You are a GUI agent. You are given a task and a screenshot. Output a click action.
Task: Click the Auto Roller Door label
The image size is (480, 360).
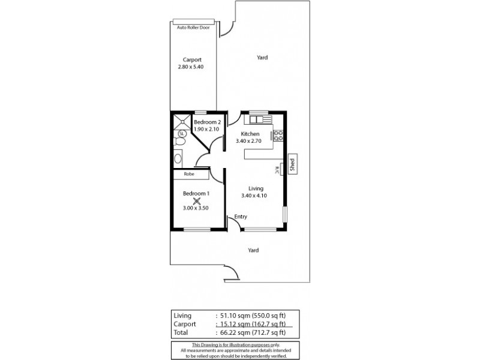pos(193,27)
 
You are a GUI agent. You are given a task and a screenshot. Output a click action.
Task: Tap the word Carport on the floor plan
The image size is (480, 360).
pos(192,59)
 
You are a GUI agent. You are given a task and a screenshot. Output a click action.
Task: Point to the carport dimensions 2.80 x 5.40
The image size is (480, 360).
pos(191,67)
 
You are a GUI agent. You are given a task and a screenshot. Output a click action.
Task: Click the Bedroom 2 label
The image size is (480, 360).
pos(207,122)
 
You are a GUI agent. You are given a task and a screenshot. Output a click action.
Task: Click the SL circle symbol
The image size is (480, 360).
pos(181,133)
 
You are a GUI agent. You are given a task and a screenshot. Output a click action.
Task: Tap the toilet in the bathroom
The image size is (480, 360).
pos(179,142)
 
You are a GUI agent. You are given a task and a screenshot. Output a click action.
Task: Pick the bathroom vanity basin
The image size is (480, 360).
pos(178,158)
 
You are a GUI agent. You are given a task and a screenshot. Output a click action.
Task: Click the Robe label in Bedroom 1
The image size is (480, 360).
pos(188,174)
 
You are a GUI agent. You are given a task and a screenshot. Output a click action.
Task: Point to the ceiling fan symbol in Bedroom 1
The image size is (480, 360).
pos(196,201)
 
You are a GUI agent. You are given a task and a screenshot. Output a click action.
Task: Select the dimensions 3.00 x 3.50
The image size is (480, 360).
pos(196,208)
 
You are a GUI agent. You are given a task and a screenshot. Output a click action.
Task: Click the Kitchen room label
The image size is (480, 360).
pos(250,134)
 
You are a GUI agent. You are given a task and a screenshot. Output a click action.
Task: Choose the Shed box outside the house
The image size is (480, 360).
pos(292,164)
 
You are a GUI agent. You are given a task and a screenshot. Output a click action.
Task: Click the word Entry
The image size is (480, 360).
pos(241,217)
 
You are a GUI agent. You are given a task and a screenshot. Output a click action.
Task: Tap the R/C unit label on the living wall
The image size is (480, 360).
pos(277,170)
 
